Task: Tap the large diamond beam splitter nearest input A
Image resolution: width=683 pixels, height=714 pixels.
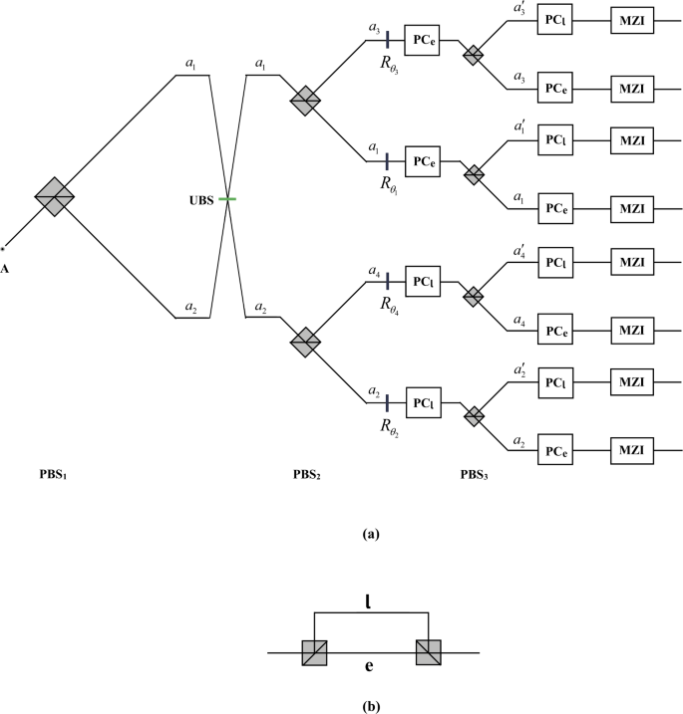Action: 55,195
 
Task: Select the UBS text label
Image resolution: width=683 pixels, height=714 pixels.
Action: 200,200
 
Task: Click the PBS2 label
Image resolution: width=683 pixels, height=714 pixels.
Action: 305,474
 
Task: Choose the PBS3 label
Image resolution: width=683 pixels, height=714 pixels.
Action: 474,474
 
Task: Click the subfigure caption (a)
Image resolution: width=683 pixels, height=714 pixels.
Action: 370,534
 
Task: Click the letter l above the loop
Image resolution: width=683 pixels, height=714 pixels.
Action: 368,601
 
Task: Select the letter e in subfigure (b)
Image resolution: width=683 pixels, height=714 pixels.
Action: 370,666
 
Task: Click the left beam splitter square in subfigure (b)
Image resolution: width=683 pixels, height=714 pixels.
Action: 314,653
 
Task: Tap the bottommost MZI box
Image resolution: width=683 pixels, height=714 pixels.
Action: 630,450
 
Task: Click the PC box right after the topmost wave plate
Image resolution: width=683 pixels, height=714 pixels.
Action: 421,41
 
